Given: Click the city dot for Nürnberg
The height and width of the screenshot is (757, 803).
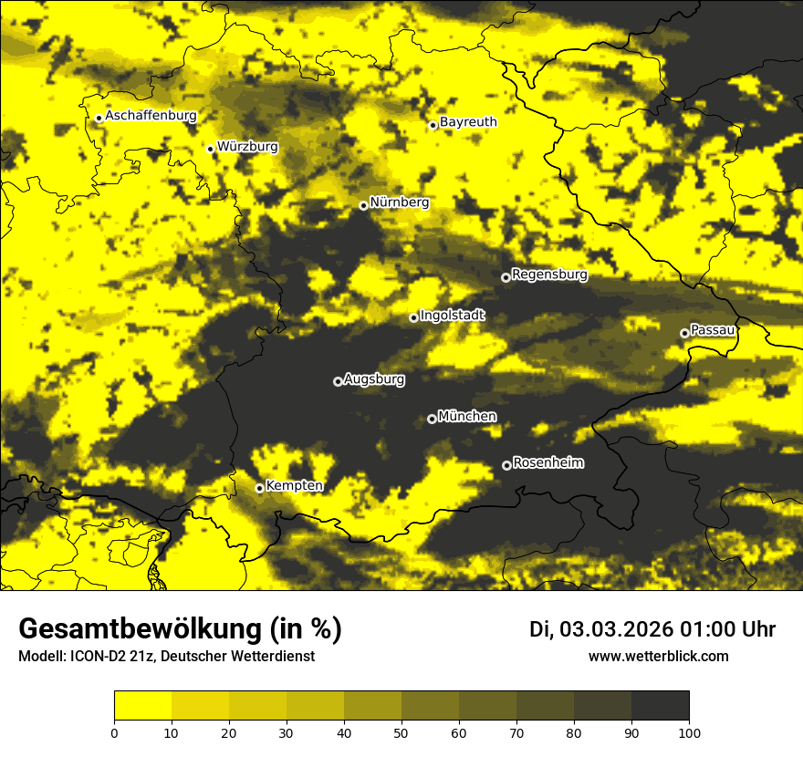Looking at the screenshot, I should (363, 205).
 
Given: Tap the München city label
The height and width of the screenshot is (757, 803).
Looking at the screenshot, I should (467, 417).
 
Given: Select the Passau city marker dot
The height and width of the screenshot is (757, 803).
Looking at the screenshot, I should (684, 333).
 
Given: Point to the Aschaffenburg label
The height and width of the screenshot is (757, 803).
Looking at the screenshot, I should (151, 116).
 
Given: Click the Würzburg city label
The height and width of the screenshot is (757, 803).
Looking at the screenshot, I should (247, 146).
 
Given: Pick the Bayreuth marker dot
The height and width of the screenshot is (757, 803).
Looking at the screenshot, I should (433, 125).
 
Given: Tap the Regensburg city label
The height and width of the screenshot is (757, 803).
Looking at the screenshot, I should (549, 274).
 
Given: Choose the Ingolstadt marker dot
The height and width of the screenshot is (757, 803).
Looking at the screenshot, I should (413, 317).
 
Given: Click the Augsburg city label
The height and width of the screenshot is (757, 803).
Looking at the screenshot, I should (374, 378).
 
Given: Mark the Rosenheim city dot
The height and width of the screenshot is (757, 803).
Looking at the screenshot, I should (506, 465).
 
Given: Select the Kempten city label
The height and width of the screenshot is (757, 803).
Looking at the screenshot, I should (294, 485).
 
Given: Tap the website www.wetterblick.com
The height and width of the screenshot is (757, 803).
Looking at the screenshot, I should (659, 656).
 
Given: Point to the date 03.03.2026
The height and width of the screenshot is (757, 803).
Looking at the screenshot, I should (616, 629).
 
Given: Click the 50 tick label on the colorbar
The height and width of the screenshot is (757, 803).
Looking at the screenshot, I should (401, 731).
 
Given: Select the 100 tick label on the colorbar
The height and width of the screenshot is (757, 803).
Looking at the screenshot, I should (689, 731).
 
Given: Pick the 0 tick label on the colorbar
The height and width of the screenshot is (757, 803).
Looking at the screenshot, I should (114, 731).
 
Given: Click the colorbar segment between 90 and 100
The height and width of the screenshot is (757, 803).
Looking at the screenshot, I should (660, 706).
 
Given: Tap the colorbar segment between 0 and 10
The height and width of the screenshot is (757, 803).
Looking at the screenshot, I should (142, 706).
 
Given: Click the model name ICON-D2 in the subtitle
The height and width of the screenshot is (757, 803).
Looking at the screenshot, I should (97, 657).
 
